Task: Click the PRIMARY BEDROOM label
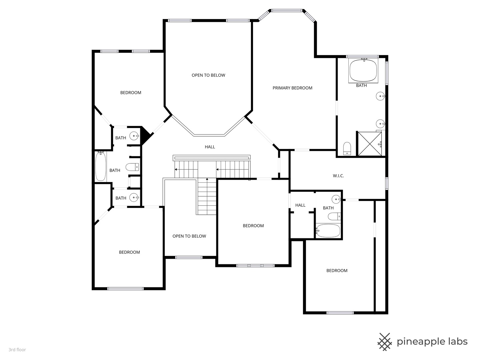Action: [x=292, y=88]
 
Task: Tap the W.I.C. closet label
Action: [x=338, y=176]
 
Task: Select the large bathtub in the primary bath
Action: [x=363, y=70]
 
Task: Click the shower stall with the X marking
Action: [x=369, y=144]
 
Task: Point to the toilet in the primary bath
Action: [x=347, y=148]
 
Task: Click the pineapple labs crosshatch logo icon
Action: [x=385, y=342]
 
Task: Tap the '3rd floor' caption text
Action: [x=17, y=350]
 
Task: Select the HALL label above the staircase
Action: [x=210, y=147]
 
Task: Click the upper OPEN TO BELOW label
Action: [x=208, y=75]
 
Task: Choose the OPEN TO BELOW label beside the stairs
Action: [x=189, y=236]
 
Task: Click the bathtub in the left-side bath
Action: [x=101, y=167]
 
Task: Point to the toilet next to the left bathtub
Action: [x=132, y=167]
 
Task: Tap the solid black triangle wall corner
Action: [x=146, y=134]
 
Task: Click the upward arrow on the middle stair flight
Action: [x=207, y=180]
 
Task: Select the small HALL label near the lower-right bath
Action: [x=300, y=205]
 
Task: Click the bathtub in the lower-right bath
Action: [x=328, y=230]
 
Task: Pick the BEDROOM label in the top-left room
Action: [x=131, y=93]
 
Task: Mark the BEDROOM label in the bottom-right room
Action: [x=337, y=270]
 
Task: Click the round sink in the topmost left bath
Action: [x=134, y=136]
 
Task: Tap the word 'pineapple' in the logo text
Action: [x=421, y=342]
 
